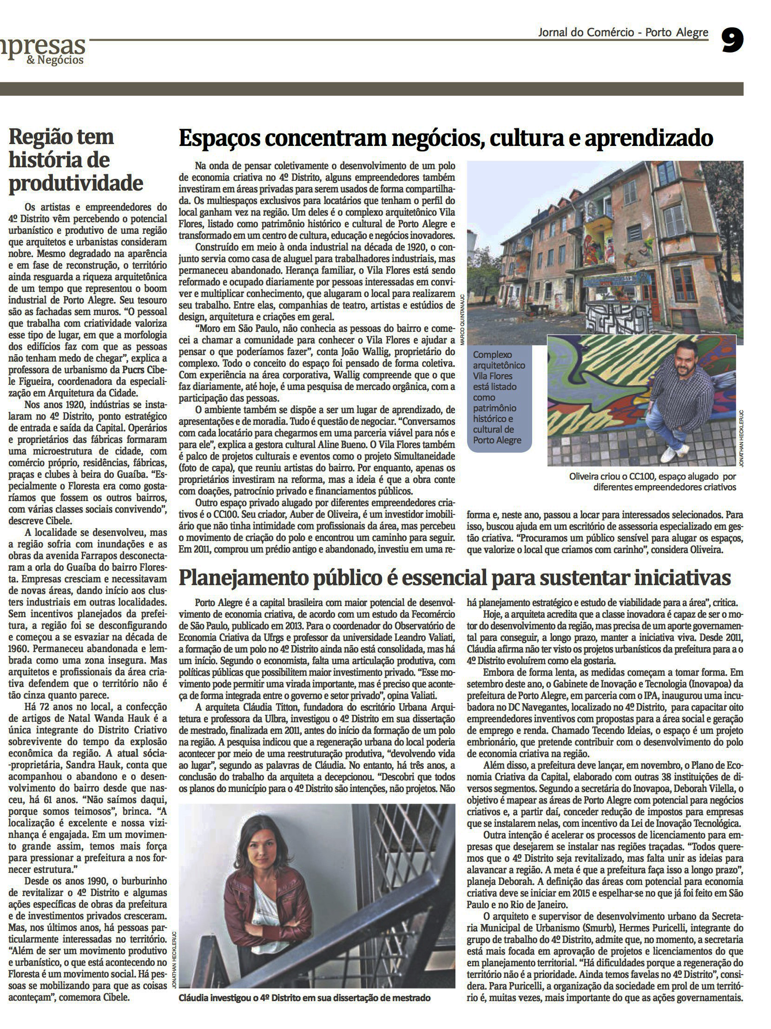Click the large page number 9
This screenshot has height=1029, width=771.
(x=732, y=40)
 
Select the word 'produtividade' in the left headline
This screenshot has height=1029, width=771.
(x=76, y=183)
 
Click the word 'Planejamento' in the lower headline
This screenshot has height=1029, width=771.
(x=237, y=578)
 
